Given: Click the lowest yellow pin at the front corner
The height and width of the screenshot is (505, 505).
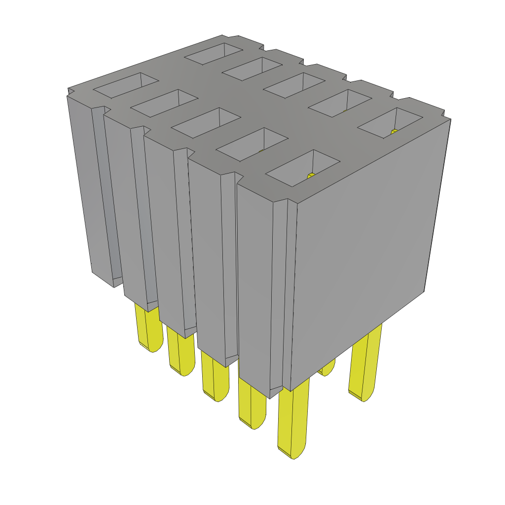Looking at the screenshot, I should (x=293, y=424).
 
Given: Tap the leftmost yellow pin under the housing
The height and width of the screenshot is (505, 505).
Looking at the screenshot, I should (x=148, y=330).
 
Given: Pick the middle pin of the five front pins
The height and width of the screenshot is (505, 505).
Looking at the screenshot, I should (x=215, y=377).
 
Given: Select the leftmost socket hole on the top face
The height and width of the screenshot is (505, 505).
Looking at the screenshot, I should (x=126, y=85).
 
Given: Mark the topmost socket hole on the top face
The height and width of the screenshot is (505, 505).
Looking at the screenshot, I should (x=214, y=53).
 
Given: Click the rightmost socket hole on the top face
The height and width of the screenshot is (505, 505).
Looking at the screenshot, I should (x=390, y=123).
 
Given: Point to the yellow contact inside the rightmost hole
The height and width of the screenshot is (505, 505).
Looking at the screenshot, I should (x=394, y=131).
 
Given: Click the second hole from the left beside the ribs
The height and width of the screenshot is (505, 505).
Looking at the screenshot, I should (x=163, y=104).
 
